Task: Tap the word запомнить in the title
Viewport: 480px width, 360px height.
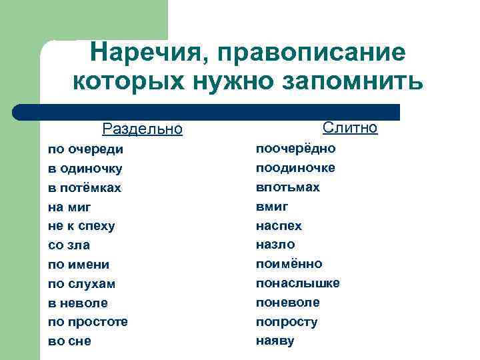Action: pos(353,82)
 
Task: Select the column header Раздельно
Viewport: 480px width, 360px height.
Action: pos(142,129)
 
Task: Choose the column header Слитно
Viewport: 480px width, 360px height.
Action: pos(350,127)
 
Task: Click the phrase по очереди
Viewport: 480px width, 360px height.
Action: pos(85,149)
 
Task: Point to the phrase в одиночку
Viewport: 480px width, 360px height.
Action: pos(85,168)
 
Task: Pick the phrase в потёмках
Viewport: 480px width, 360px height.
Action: pos(85,187)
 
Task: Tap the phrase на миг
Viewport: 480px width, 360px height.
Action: pos(69,207)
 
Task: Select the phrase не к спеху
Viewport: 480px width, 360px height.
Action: pos(81,226)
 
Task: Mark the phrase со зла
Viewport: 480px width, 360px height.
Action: pos(69,245)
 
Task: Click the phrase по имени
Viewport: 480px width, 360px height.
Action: pos(79,265)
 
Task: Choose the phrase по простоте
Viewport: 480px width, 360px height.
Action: pos(88,322)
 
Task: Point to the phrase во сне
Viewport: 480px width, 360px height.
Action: pos(69,341)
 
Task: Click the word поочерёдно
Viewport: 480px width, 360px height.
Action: pos(296,148)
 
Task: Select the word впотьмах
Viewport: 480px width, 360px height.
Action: pos(288,187)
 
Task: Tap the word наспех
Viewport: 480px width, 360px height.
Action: pos(279,225)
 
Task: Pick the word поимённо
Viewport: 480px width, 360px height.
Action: pos(289,264)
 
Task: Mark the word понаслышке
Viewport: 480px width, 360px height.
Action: pos(298,283)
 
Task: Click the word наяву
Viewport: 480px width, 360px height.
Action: pos(275,341)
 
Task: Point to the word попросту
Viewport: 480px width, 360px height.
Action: pos(287,322)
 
